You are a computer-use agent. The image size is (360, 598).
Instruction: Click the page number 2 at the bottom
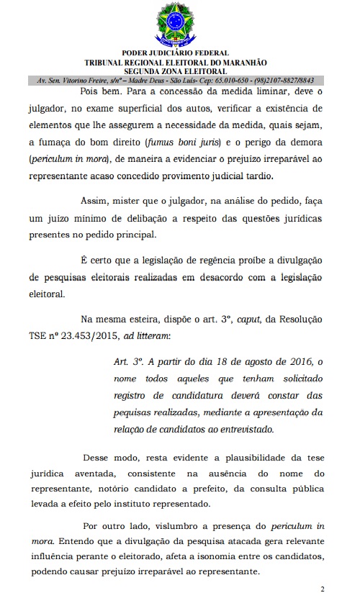tap(323, 589)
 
